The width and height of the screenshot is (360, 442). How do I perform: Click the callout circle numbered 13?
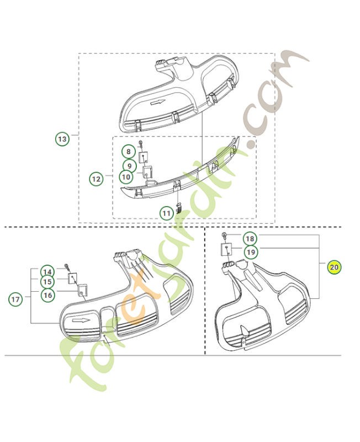pyautogui.click(x=62, y=139)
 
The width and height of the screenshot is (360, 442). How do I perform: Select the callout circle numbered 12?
pyautogui.click(x=96, y=179)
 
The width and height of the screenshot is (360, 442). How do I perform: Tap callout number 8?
pyautogui.click(x=129, y=151)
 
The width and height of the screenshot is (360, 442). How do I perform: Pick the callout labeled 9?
pyautogui.click(x=130, y=165)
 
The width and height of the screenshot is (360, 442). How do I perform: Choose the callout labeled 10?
pyautogui.click(x=126, y=177)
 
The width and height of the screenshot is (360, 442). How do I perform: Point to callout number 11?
pyautogui.click(x=167, y=213)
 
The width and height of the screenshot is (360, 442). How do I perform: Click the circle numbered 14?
pyautogui.click(x=47, y=272)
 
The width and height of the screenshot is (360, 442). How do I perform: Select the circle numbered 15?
pyautogui.click(x=47, y=282)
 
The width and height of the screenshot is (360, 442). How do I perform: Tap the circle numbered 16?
pyautogui.click(x=47, y=295)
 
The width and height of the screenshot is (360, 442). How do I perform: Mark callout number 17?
pyautogui.click(x=15, y=299)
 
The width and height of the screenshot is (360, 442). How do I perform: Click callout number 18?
pyautogui.click(x=250, y=239)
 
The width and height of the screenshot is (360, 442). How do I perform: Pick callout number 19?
pyautogui.click(x=251, y=252)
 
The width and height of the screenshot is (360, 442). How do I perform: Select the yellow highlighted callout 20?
pyautogui.click(x=334, y=267)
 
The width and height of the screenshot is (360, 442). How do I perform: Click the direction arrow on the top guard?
pyautogui.click(x=158, y=103)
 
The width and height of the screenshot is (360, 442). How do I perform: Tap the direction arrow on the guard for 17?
pyautogui.click(x=81, y=320)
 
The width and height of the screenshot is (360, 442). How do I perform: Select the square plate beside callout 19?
pyautogui.click(x=226, y=249)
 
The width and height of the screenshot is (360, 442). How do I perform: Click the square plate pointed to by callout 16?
pyautogui.click(x=82, y=291)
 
